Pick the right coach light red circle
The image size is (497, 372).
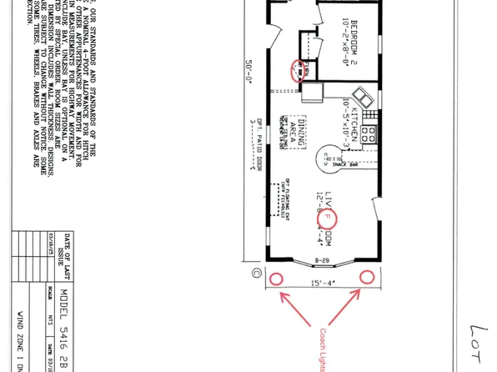[x=366, y=278]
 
